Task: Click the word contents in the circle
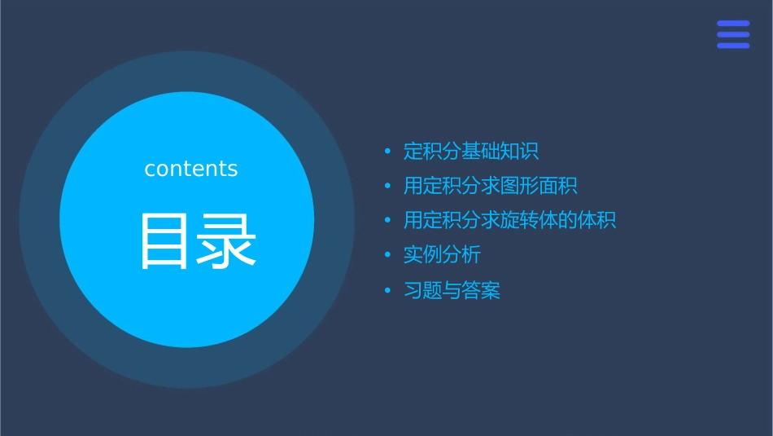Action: (x=191, y=169)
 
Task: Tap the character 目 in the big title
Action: (x=164, y=241)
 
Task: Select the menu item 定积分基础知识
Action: (x=471, y=152)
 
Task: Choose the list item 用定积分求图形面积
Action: (x=490, y=186)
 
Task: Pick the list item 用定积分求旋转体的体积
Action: (x=509, y=220)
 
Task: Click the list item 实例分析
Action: (x=442, y=255)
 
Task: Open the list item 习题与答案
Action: (x=452, y=290)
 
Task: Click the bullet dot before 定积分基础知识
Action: (x=388, y=152)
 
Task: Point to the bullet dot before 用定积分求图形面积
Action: (x=388, y=186)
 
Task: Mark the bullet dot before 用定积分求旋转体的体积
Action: (x=388, y=221)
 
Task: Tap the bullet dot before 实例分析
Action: (x=388, y=255)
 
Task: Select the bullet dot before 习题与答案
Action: (x=388, y=290)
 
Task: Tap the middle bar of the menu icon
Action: (x=733, y=35)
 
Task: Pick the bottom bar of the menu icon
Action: (x=733, y=46)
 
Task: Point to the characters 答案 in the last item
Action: (x=481, y=290)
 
